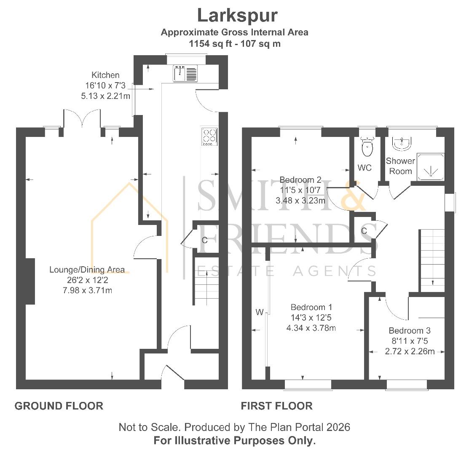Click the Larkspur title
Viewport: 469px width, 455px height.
pyautogui.click(x=237, y=16)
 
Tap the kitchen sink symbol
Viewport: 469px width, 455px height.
pyautogui.click(x=185, y=74)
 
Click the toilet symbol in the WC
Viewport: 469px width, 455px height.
pyautogui.click(x=367, y=146)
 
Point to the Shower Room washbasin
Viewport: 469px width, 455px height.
pyautogui.click(x=401, y=144)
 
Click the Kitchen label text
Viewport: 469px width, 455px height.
pyautogui.click(x=106, y=75)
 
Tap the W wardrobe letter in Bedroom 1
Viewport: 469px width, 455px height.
pyautogui.click(x=259, y=312)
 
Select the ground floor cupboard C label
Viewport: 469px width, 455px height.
pyautogui.click(x=204, y=241)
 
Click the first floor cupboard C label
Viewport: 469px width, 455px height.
pyautogui.click(x=364, y=230)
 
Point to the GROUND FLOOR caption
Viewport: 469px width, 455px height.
pyautogui.click(x=59, y=406)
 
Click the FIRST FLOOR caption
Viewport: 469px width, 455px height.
pyautogui.click(x=276, y=406)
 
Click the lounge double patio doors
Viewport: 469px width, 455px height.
pyautogui.click(x=82, y=119)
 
